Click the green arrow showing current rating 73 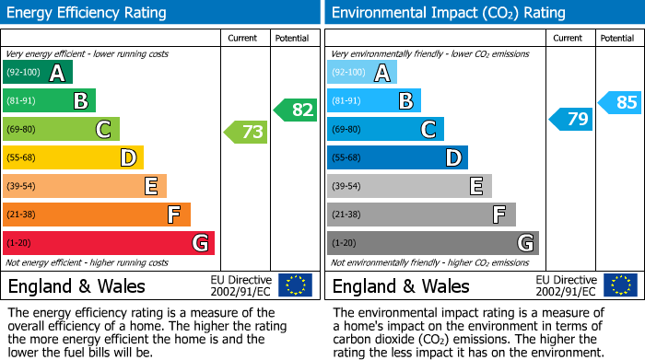[x=246, y=133]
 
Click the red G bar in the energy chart [x=109, y=243]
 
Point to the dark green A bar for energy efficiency [x=38, y=73]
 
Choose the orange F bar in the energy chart [x=97, y=215]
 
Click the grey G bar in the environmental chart [x=432, y=243]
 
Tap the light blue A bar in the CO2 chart [x=362, y=73]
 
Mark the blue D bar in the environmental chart [x=397, y=158]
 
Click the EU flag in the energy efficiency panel [x=295, y=285]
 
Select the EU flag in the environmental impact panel [x=619, y=285]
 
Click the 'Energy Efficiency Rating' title [x=88, y=13]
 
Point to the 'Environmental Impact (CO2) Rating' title [x=448, y=13]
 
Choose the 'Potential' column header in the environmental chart [x=616, y=38]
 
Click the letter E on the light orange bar [x=150, y=187]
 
